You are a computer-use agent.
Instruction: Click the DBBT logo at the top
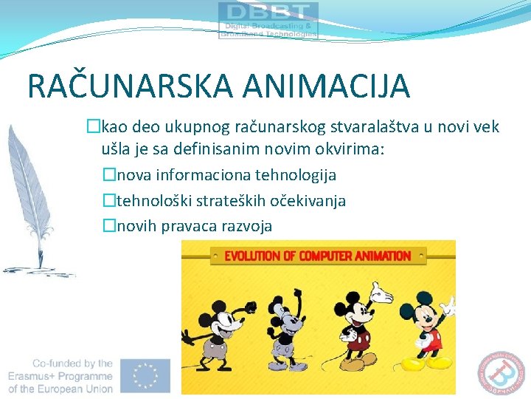[268, 20]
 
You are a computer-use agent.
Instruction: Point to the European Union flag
[147, 376]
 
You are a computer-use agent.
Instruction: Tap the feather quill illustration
[29, 199]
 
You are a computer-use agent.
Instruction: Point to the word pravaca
[197, 225]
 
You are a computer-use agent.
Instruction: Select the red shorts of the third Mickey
[360, 341]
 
